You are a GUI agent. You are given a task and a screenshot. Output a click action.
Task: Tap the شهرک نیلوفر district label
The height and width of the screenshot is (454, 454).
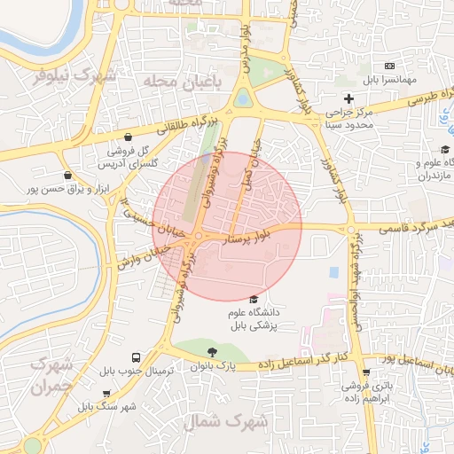(75, 76)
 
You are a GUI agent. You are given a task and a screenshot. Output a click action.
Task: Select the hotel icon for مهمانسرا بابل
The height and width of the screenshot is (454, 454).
(389, 67)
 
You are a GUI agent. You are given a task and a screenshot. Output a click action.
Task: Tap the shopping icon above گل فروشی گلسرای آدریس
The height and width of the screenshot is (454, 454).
(130, 137)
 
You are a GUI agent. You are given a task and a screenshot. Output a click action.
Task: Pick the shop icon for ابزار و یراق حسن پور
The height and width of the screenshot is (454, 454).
(67, 176)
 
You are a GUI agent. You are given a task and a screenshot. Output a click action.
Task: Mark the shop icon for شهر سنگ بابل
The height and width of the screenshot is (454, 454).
(107, 394)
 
